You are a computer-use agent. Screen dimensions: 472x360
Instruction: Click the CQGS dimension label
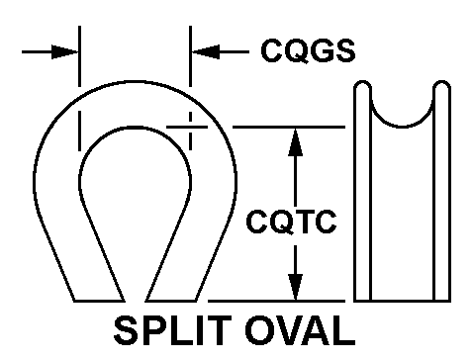308,50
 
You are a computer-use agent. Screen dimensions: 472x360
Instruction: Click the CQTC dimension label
291,222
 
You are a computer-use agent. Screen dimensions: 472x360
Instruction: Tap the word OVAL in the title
300,330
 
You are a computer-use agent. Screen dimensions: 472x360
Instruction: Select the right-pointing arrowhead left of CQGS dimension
64,51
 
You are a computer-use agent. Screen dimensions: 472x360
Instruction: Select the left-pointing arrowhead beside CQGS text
205,51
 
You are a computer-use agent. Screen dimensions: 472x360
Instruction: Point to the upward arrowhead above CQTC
295,141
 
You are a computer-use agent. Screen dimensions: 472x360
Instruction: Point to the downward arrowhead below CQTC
295,287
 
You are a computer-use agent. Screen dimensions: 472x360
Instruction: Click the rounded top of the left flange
362,81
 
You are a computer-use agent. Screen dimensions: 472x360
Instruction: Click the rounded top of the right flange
442,81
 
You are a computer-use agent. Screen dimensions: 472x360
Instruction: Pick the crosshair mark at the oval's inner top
190,127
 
